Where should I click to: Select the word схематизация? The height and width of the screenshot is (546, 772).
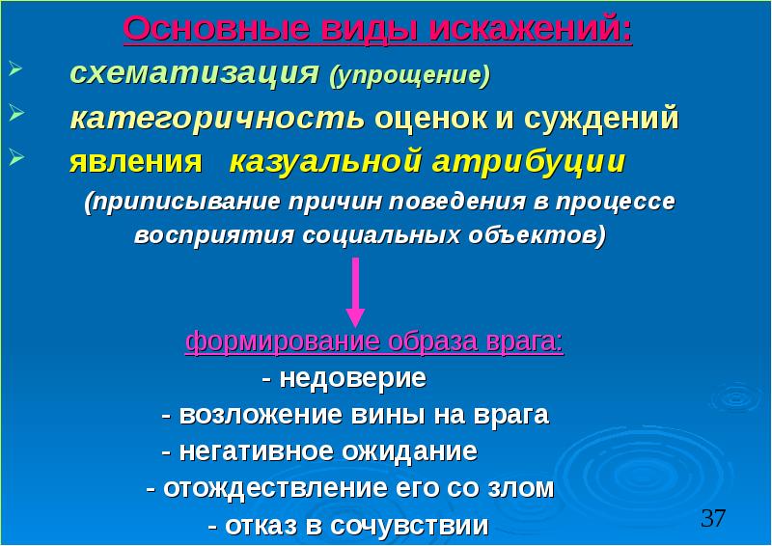pyautogui.click(x=194, y=74)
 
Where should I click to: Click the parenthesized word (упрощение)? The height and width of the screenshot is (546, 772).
pyautogui.click(x=409, y=75)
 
